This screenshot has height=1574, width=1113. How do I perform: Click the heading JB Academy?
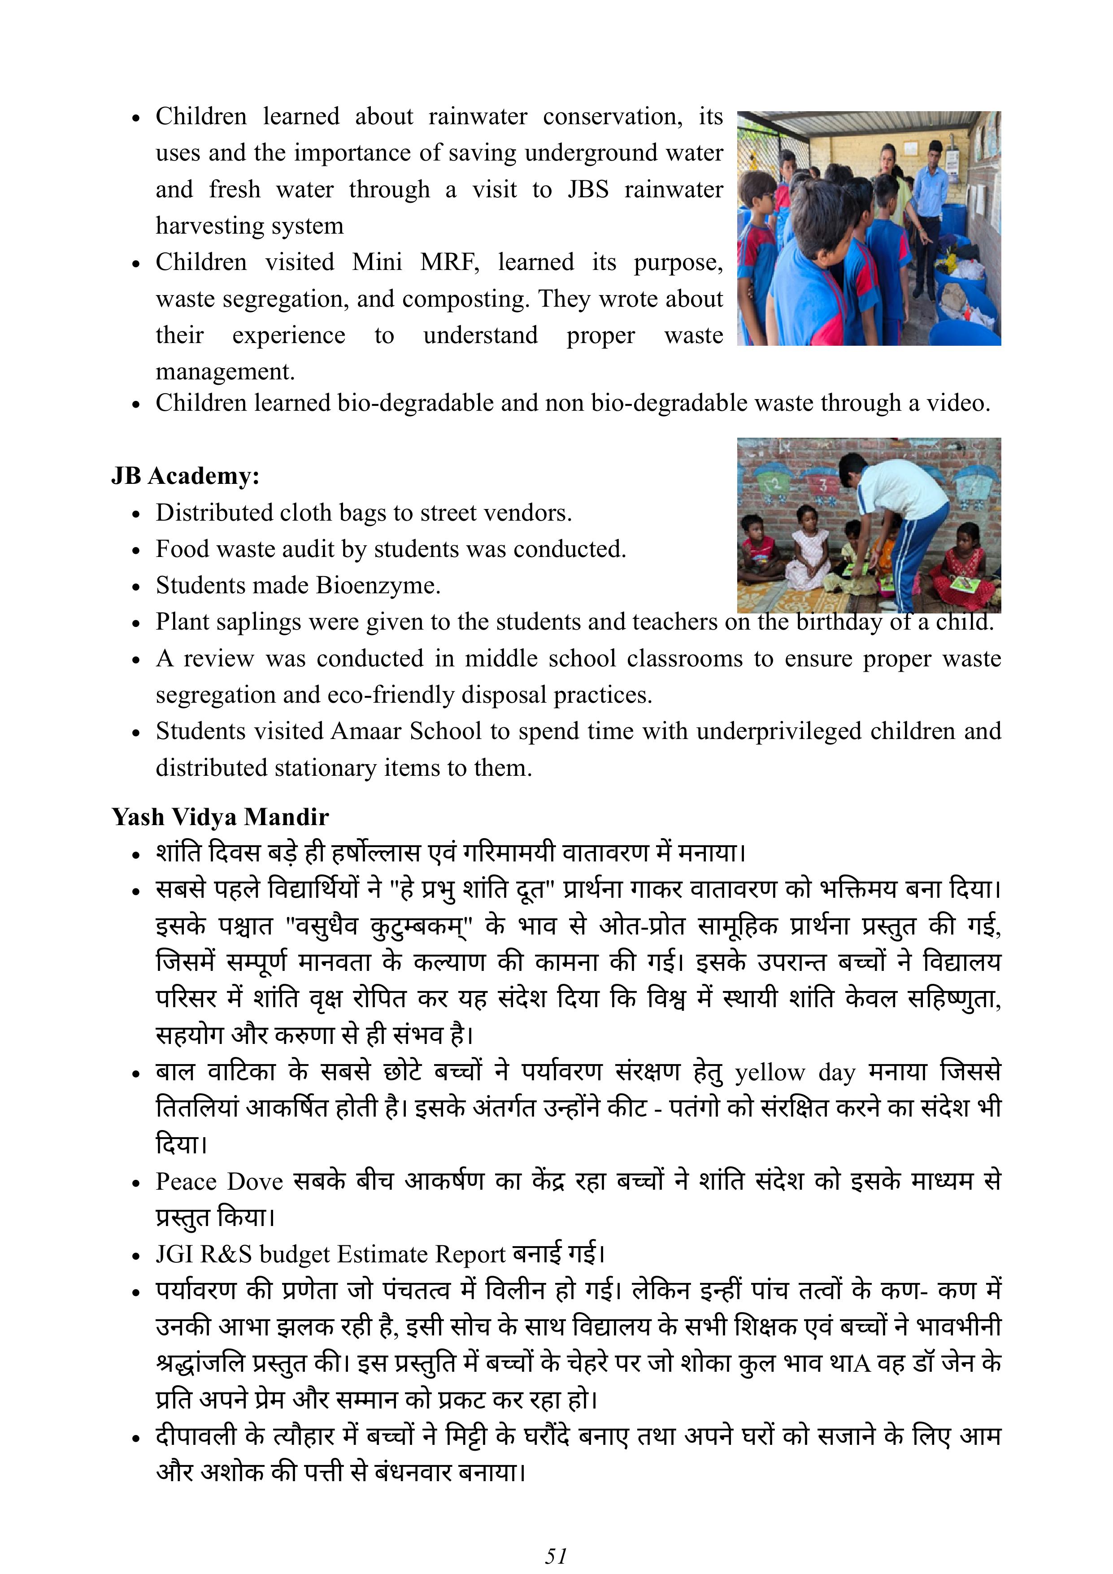point(185,476)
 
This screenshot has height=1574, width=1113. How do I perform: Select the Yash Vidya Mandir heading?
point(220,817)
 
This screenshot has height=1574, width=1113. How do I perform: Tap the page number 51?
point(556,1555)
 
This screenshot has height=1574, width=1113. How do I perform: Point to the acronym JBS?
point(588,189)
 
